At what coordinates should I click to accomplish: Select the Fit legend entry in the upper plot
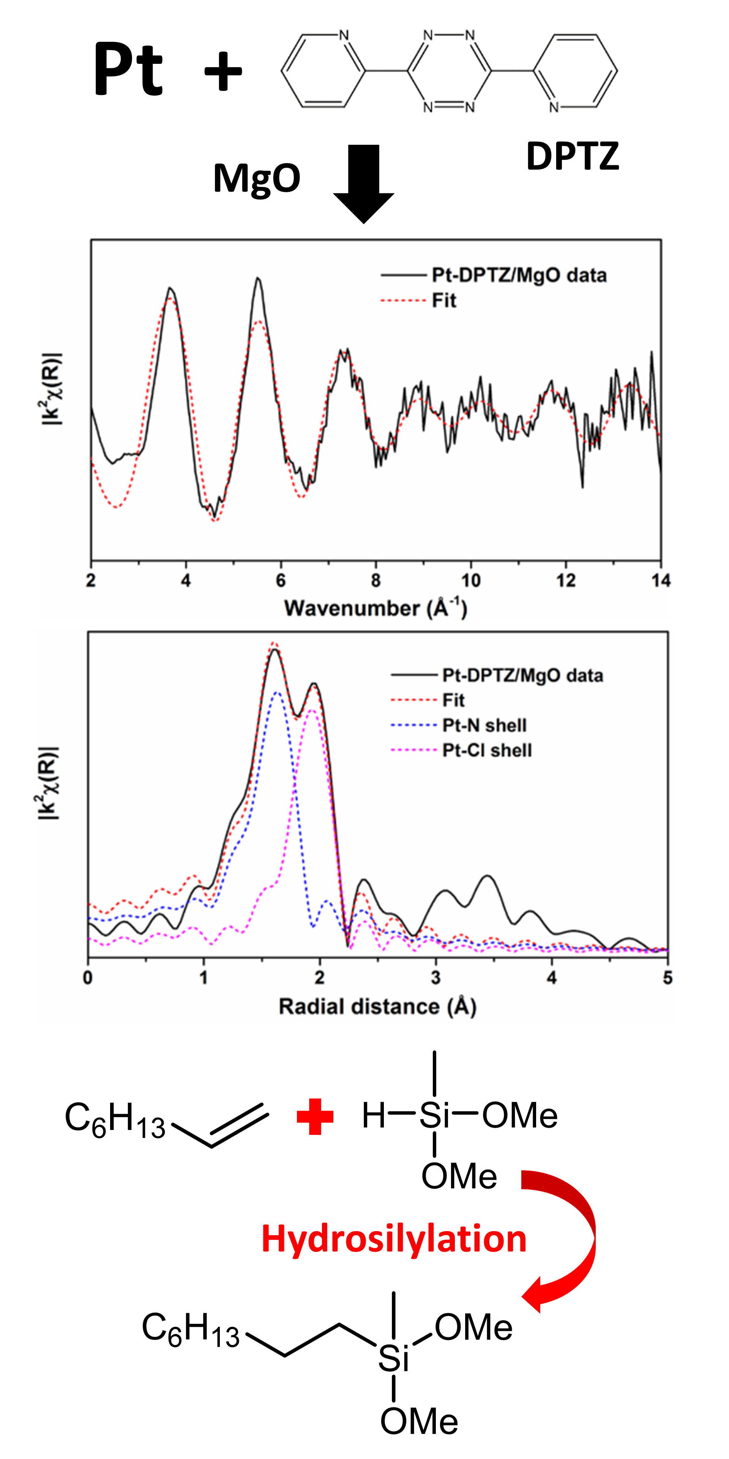pos(444,301)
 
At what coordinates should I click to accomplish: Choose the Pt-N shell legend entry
pos(484,726)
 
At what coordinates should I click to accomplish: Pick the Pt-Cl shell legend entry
pos(487,750)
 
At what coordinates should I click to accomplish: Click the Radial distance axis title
pos(377,1006)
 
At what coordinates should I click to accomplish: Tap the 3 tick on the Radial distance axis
pos(435,978)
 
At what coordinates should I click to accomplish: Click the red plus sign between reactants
pos(315,1116)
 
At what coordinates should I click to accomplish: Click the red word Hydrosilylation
pos(394,1238)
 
